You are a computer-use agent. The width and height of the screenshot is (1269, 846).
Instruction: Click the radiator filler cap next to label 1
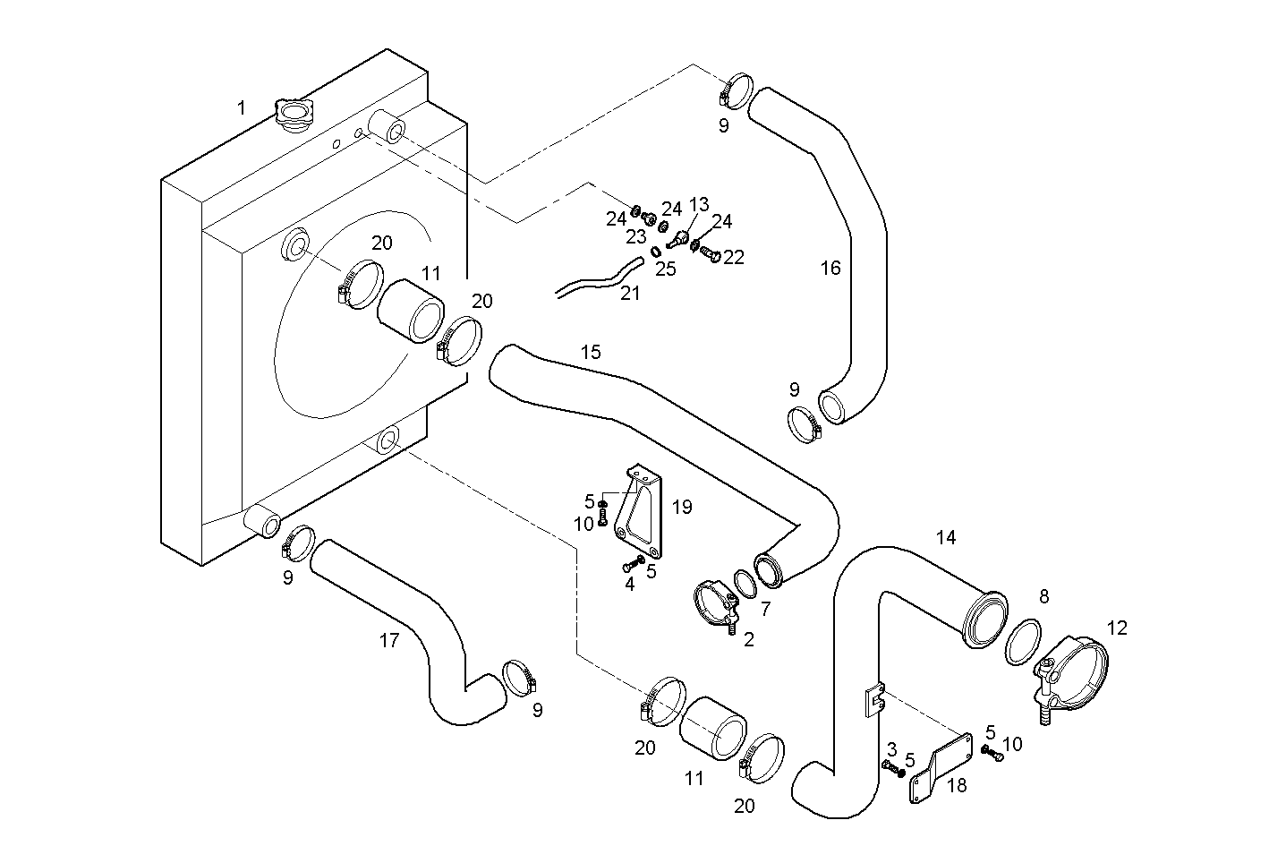point(292,115)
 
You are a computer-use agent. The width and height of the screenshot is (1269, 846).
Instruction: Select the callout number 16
point(830,268)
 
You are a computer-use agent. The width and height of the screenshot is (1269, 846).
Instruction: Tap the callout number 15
point(591,352)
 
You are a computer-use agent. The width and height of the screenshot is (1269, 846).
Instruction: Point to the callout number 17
point(388,641)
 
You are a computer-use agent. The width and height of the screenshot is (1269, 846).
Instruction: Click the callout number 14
point(946,537)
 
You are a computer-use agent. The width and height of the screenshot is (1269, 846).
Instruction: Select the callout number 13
point(699,205)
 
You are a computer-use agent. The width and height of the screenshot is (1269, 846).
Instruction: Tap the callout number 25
point(665,269)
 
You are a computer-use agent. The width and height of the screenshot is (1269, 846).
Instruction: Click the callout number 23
point(635,237)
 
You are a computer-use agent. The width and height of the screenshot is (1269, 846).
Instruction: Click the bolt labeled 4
point(632,564)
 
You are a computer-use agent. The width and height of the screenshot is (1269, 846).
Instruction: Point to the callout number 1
point(241,108)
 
